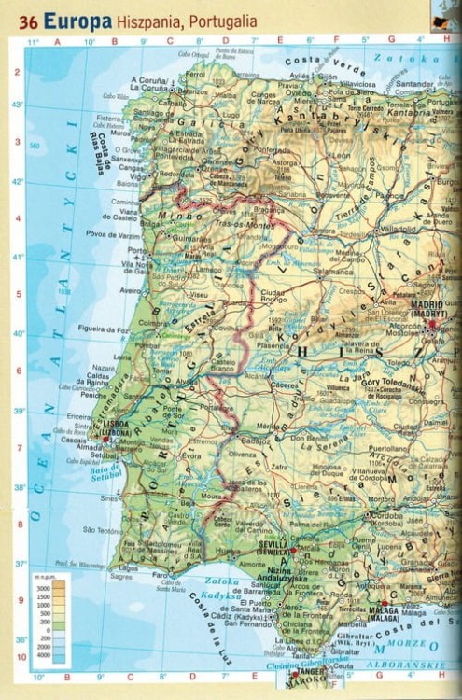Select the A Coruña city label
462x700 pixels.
tap(149, 79)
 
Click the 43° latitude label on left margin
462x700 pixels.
tap(17, 105)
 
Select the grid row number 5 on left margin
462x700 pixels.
tap(17, 294)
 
